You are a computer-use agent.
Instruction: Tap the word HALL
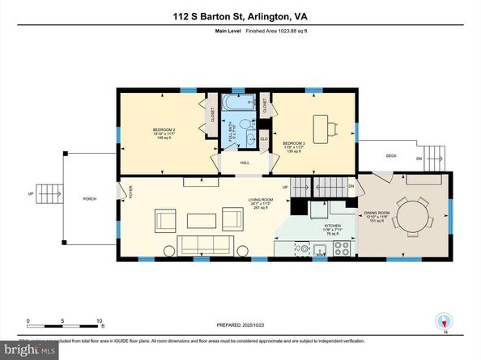tap(245, 163)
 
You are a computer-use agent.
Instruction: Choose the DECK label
tap(391, 155)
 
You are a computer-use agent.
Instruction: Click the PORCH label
tap(90, 198)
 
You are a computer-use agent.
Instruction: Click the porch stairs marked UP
tap(50, 193)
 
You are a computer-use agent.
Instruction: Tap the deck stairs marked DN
tap(434, 156)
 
